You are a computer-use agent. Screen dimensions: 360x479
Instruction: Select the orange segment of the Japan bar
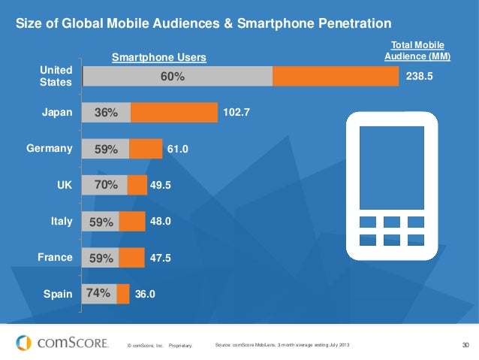(x=173, y=113)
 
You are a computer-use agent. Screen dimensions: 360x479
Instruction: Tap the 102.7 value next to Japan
(x=236, y=113)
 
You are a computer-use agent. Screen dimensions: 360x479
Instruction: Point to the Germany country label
(x=50, y=149)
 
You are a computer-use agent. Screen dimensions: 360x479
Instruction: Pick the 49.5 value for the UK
(x=161, y=185)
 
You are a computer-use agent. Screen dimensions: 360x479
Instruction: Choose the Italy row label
(x=61, y=221)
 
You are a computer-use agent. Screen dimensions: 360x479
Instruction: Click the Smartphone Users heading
(x=158, y=57)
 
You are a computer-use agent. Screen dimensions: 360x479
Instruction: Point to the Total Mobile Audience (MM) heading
(x=417, y=51)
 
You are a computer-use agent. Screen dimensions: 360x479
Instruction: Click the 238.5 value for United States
(x=419, y=77)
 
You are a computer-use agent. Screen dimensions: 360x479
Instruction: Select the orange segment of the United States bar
(x=336, y=77)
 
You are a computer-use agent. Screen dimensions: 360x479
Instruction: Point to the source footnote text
(x=282, y=345)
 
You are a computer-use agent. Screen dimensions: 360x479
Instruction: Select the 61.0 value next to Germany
(x=178, y=149)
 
